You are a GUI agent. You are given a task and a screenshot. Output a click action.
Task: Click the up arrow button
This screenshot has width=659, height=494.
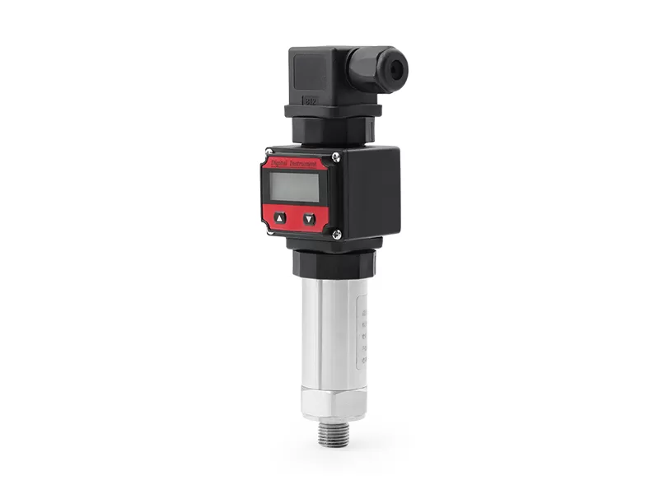click(x=280, y=218)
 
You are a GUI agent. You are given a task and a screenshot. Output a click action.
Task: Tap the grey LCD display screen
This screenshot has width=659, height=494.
click(x=295, y=188)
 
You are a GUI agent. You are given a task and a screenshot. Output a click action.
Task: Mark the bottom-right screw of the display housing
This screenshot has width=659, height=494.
click(x=337, y=234)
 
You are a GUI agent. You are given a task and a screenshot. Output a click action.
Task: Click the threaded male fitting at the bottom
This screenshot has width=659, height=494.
click(x=333, y=431)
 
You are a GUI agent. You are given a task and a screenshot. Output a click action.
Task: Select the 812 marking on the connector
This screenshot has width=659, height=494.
click(x=311, y=101)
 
